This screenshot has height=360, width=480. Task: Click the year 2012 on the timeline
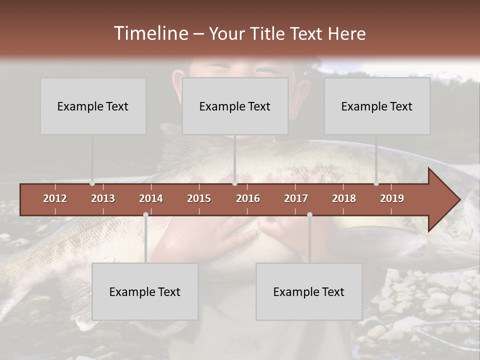pyautogui.click(x=55, y=198)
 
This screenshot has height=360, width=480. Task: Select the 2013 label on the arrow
pyautogui.click(x=103, y=198)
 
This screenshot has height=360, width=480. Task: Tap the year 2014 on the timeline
pyautogui.click(x=151, y=198)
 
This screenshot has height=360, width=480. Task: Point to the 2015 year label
pyautogui.click(x=199, y=198)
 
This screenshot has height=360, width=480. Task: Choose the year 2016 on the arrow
pyautogui.click(x=248, y=198)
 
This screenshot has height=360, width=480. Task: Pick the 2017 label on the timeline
pyautogui.click(x=296, y=198)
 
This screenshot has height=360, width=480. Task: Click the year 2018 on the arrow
pyautogui.click(x=344, y=198)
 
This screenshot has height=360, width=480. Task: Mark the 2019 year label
pyautogui.click(x=392, y=198)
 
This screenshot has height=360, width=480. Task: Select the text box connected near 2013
pyautogui.click(x=93, y=106)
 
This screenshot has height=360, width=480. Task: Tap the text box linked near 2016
pyautogui.click(x=235, y=106)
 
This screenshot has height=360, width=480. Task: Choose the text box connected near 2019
pyautogui.click(x=377, y=106)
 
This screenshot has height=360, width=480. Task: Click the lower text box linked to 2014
pyautogui.click(x=145, y=291)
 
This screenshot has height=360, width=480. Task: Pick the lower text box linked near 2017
pyautogui.click(x=309, y=291)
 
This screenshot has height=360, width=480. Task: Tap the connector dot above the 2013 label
pyautogui.click(x=92, y=183)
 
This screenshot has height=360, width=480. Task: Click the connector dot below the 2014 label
pyautogui.click(x=145, y=214)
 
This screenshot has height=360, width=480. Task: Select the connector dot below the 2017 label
pyautogui.click(x=309, y=214)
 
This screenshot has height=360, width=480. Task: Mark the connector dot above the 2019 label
pyautogui.click(x=376, y=183)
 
